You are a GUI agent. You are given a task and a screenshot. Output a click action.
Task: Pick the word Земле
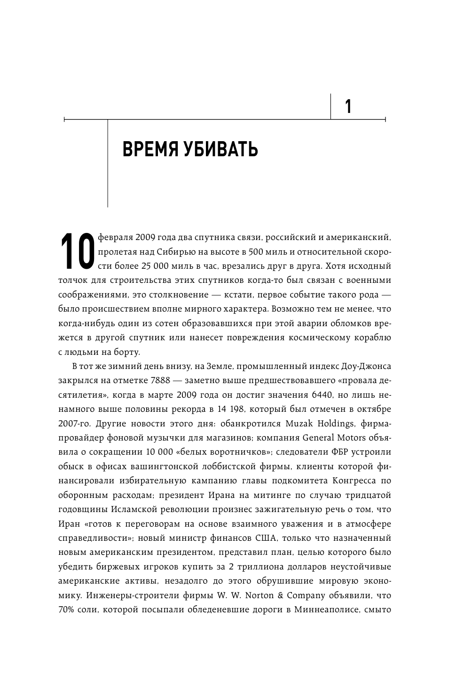click(194, 366)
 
